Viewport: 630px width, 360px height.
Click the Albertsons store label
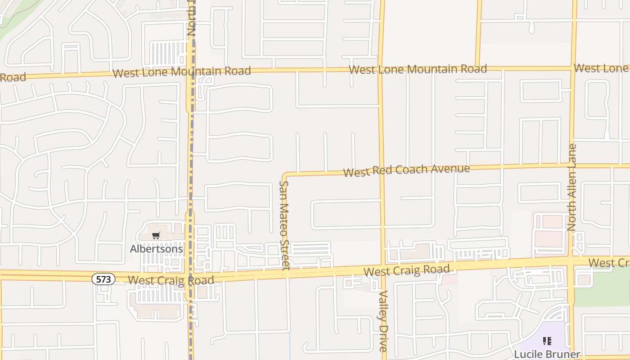[156, 249]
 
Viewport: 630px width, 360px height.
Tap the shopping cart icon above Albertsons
[156, 236]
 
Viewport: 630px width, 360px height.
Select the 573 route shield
[103, 279]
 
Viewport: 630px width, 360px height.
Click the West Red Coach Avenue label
[406, 171]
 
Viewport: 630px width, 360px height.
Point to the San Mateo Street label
[285, 225]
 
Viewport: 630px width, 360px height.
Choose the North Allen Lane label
[572, 187]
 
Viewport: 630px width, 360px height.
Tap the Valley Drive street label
[383, 320]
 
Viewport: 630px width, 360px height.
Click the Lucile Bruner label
[547, 354]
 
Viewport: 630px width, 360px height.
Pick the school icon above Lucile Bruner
[547, 341]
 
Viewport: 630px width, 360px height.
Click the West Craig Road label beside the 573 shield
[171, 280]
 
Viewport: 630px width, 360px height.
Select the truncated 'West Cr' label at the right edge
[608, 263]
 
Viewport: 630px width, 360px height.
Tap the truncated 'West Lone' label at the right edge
[602, 68]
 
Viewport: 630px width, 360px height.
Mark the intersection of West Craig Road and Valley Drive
[383, 265]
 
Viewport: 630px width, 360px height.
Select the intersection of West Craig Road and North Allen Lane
[571, 260]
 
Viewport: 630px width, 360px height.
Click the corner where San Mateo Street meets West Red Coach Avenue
[285, 174]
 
